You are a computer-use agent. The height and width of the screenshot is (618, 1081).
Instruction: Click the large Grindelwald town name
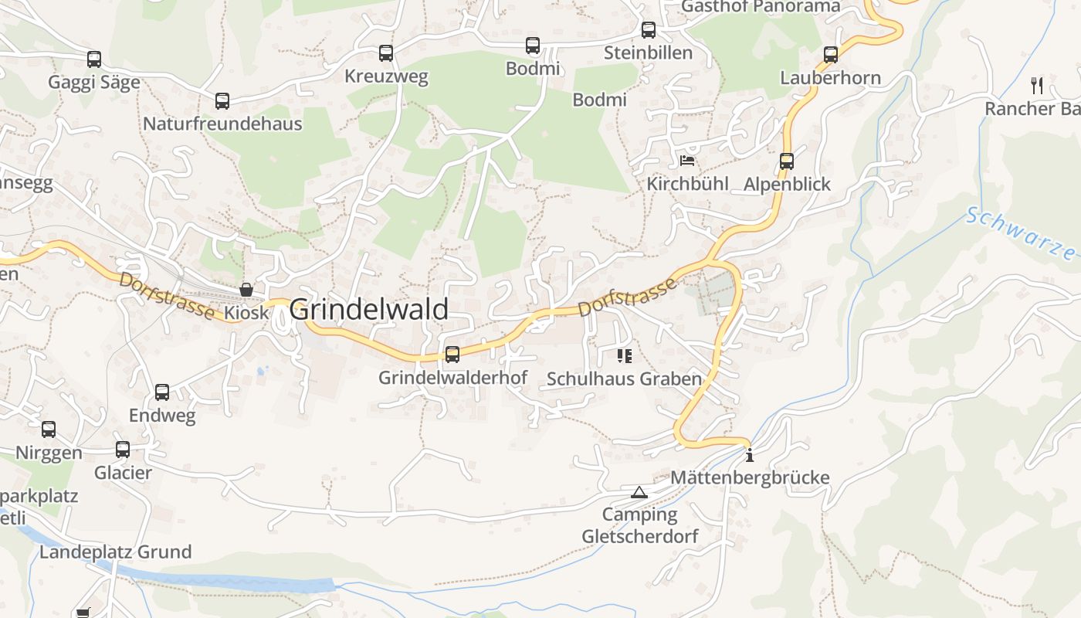point(368,310)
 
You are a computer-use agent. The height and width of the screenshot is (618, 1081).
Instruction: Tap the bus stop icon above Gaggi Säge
point(94,59)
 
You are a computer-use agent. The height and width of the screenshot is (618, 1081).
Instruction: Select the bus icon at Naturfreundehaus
point(222,100)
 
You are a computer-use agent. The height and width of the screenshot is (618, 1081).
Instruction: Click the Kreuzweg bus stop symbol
point(386,53)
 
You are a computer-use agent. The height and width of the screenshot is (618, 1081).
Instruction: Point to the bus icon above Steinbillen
point(649,30)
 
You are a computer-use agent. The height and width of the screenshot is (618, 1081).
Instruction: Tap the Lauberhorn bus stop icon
point(831,55)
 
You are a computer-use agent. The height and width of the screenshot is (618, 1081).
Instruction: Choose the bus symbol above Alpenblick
point(787,161)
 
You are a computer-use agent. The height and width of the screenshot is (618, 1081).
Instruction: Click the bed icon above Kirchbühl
point(687,161)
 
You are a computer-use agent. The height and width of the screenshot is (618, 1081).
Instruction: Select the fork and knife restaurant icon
point(1037,85)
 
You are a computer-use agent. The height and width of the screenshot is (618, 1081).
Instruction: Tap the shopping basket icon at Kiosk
point(246,290)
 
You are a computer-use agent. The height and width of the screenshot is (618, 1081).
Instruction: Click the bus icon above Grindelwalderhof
point(452,355)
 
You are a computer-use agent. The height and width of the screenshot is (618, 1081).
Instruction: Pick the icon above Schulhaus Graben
point(625,356)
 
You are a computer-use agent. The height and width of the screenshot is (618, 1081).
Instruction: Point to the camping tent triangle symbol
point(639,492)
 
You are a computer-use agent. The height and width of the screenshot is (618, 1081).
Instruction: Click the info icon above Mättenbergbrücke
point(749,455)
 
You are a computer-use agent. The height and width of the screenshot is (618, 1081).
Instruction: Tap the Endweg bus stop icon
point(162,392)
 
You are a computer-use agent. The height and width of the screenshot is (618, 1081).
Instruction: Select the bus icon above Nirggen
point(49,430)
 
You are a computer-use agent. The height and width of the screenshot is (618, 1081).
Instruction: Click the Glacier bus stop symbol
point(123,450)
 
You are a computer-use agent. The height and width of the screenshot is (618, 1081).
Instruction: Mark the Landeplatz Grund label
point(116,552)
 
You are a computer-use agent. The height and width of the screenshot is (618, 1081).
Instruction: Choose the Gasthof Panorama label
point(761,7)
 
